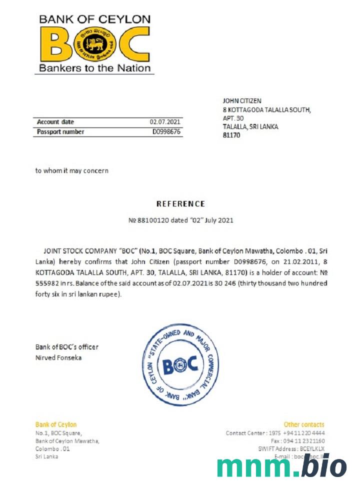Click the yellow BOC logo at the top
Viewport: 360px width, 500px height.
[x=94, y=43]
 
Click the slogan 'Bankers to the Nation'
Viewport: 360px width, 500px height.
[x=94, y=68]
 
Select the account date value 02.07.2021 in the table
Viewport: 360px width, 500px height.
[x=165, y=122]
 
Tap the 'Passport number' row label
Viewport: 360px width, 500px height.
[x=60, y=132]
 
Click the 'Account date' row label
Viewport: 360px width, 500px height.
[x=55, y=122]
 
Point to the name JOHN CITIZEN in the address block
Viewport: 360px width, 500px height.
[x=242, y=101]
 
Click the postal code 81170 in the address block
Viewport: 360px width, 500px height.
[x=231, y=135]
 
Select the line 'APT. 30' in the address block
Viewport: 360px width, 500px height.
[x=233, y=118]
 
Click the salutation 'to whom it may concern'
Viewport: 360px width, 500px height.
[x=71, y=170]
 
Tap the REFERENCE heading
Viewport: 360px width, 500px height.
[x=180, y=204]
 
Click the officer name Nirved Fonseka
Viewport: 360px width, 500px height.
[x=58, y=357]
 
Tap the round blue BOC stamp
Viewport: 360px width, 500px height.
[x=180, y=364]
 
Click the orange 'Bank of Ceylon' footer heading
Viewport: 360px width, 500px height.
[x=56, y=424]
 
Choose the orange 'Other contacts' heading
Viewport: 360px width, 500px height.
[x=304, y=424]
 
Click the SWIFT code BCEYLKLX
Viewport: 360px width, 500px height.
[x=312, y=449]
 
